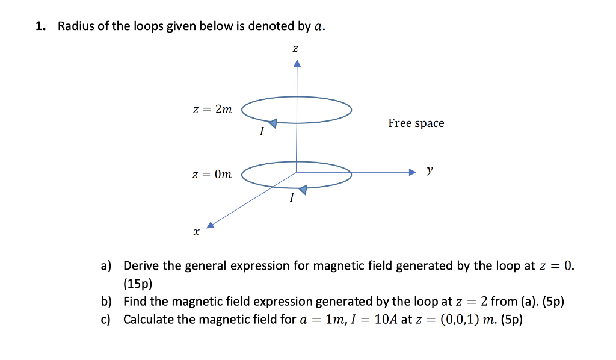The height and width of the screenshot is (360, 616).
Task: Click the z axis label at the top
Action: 295,48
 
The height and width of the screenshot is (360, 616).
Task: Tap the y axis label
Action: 429,170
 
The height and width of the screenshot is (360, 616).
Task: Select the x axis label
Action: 196,231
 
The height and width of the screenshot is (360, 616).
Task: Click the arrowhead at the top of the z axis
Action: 296,63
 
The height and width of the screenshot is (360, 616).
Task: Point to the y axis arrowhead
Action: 412,173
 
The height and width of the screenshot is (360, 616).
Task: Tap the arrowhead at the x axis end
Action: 210,225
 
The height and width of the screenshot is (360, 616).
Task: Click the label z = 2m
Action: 211,110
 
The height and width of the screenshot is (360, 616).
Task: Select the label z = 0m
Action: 211,175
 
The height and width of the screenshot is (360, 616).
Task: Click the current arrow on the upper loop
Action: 273,123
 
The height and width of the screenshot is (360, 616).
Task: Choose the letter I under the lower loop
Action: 291,197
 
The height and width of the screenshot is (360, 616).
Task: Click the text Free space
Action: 416,123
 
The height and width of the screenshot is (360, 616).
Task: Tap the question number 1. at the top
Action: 40,26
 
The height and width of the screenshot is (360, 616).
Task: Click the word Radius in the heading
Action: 75,26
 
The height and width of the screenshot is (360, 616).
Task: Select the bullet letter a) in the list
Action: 106,265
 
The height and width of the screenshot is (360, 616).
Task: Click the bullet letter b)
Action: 106,302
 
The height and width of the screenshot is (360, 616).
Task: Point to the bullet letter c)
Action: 106,319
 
